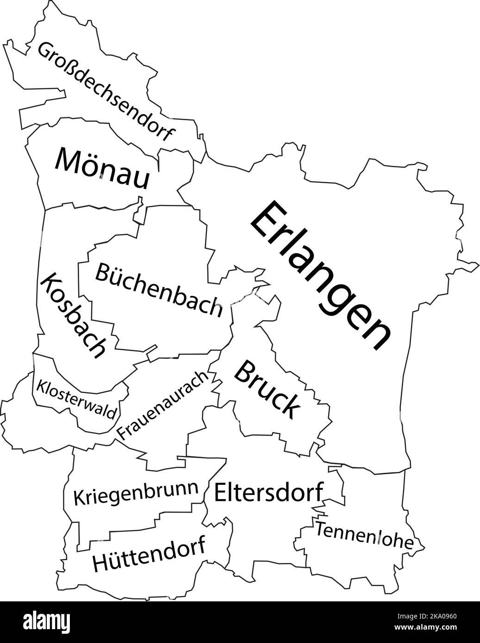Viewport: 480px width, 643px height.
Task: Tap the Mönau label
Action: coord(103,168)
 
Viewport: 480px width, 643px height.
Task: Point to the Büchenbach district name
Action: coord(158,290)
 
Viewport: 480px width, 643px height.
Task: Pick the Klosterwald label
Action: coord(76,399)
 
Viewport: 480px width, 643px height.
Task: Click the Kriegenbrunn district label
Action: coord(136,495)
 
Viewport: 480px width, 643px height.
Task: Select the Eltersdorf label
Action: coord(268,492)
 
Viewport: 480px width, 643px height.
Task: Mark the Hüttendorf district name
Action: coord(149,556)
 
